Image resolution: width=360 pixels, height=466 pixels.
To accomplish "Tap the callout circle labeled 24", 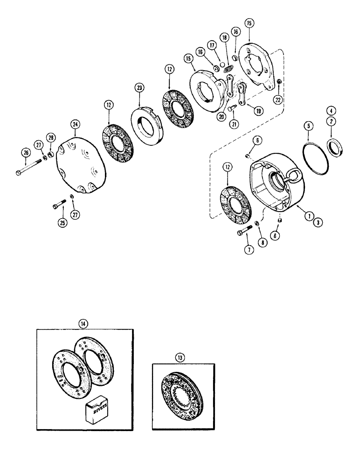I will coord(75,123).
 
